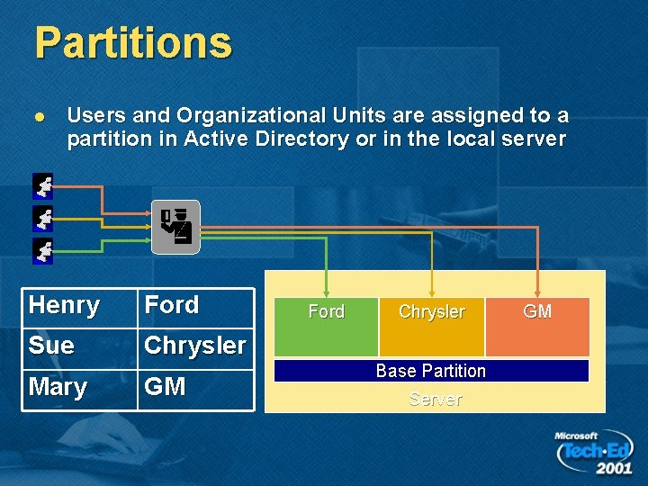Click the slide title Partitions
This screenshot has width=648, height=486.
point(133,42)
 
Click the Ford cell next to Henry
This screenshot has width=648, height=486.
point(195,306)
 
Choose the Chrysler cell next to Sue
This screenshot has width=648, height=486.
point(195,346)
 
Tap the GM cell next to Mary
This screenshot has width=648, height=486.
point(195,388)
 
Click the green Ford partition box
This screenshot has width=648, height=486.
point(326,327)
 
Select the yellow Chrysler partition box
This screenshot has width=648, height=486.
point(432,327)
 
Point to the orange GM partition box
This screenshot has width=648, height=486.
point(537,327)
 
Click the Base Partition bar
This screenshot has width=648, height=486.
point(431,371)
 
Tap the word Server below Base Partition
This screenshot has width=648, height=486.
point(435,399)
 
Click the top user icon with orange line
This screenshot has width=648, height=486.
point(42,186)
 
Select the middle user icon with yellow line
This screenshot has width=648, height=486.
point(42,218)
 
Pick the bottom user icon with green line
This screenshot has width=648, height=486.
point(42,250)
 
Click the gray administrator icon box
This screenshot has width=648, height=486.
point(175,227)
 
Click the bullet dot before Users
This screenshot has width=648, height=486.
point(38,117)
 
